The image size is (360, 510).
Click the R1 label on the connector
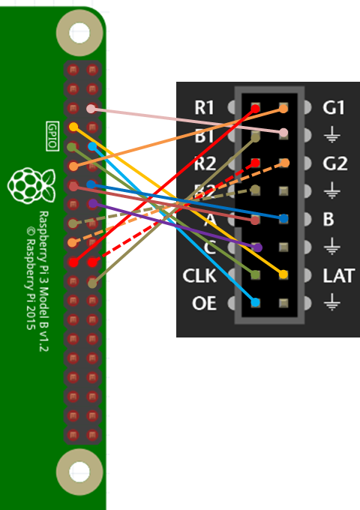tap(204, 108)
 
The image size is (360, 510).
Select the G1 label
tap(334, 108)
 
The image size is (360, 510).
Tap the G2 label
tap(334, 163)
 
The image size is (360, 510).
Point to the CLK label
tap(199, 276)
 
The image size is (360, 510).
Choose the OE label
tap(204, 304)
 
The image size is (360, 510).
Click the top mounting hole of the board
tap(79, 32)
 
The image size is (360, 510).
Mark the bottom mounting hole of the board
tap(79, 472)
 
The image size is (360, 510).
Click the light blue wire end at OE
tap(256, 303)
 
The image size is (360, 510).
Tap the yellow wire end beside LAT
tap(283, 275)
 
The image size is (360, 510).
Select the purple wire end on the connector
tap(256, 247)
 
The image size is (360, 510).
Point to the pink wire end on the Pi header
tap(91, 109)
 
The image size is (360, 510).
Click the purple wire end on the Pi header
tap(92, 204)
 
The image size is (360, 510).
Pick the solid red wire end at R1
tap(256, 109)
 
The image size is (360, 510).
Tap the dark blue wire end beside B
tap(283, 219)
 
